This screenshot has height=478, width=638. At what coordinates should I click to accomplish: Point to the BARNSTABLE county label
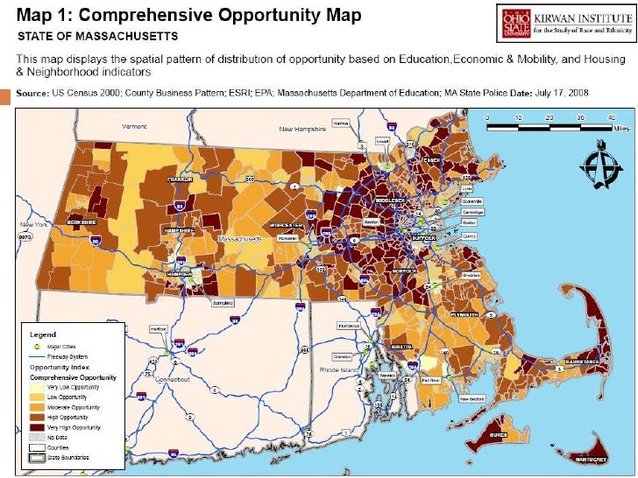pyautogui.click(x=580, y=361)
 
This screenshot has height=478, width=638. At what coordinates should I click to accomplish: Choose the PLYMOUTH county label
pyautogui.click(x=464, y=313)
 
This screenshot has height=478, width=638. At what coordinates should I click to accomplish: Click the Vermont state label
pyautogui.click(x=134, y=127)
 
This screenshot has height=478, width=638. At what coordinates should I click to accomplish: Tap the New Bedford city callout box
pyautogui.click(x=472, y=400)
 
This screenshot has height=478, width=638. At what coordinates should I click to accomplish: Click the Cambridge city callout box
pyautogui.click(x=473, y=211)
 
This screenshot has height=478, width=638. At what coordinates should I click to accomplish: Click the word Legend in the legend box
pyautogui.click(x=43, y=334)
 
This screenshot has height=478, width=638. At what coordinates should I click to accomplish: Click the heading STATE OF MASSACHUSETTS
pyautogui.click(x=99, y=36)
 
